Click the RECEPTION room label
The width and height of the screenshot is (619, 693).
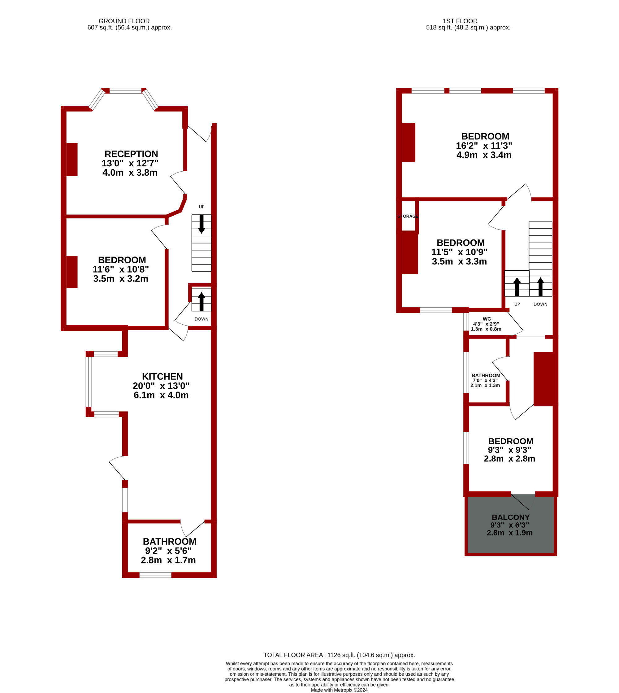click(131, 154)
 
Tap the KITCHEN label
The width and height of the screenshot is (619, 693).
click(162, 376)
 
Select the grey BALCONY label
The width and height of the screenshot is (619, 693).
click(510, 517)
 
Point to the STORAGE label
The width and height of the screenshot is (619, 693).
click(408, 216)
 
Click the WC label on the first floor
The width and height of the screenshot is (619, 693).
click(487, 319)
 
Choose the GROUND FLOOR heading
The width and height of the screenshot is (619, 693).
click(124, 21)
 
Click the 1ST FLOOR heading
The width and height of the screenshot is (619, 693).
click(460, 21)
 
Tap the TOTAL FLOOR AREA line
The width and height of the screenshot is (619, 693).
click(339, 655)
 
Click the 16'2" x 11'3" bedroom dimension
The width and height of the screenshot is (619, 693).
click(484, 146)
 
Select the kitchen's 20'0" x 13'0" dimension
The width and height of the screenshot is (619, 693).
click(161, 386)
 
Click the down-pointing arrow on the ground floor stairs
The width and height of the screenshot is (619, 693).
click(201, 224)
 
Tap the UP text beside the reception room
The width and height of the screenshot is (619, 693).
click(202, 207)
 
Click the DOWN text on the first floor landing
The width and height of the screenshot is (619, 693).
click(540, 304)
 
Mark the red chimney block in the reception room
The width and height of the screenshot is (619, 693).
click(72, 159)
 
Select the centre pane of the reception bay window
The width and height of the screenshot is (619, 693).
click(125, 90)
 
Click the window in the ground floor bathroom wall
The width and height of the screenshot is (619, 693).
click(155, 575)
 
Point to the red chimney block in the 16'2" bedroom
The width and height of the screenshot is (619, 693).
click(409, 142)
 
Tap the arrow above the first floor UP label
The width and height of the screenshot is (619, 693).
click(517, 287)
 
